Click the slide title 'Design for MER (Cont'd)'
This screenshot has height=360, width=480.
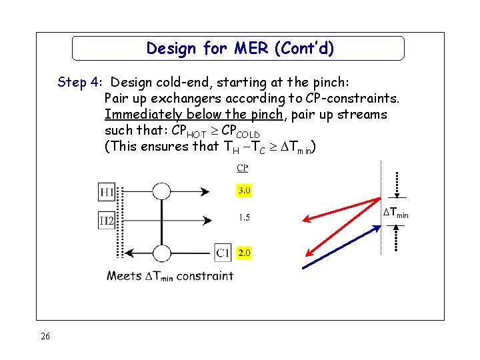239,49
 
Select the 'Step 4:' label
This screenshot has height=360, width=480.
79,83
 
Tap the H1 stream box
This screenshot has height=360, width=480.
107,192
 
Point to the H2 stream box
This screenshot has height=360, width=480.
107,220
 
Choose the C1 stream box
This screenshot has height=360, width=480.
223,253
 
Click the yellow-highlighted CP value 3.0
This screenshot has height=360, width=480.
244,191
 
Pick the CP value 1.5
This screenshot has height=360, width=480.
244,218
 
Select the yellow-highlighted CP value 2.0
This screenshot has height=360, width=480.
244,253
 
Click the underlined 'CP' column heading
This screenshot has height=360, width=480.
243,169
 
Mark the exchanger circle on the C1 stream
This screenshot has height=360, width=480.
161,253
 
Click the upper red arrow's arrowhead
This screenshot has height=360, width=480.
305,218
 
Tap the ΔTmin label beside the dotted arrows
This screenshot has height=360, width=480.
396,213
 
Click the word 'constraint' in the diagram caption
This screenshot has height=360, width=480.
205,275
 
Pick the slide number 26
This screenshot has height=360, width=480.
45,337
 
